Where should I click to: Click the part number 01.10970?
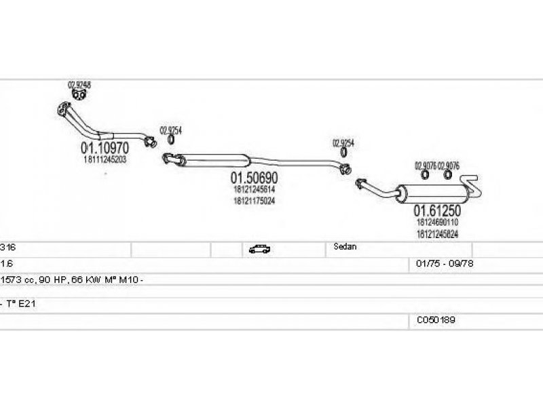105,147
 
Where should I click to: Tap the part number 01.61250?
437,211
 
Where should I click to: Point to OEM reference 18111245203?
105,159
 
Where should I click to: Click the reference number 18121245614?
255,190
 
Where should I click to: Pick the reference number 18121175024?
255,201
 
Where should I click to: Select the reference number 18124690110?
437,222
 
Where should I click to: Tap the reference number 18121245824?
437,233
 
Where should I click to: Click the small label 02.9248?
79,85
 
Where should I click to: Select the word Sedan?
345,248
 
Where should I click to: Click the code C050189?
436,319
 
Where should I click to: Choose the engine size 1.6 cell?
7,263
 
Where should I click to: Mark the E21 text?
26,304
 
